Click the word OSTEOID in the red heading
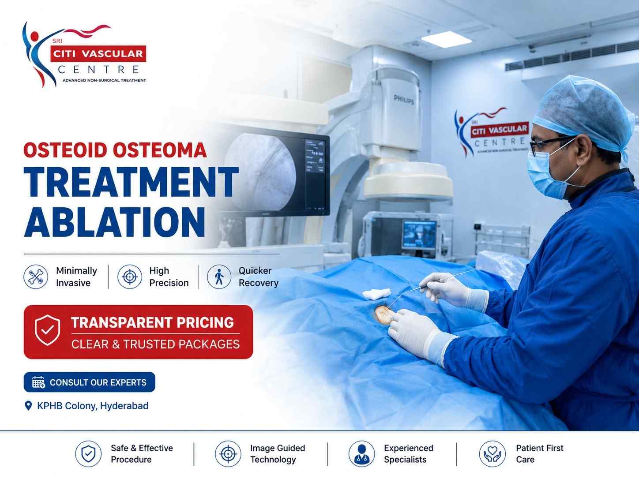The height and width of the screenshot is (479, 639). (65, 150)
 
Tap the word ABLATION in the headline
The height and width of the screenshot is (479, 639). (115, 222)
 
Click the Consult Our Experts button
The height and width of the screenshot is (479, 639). (90, 382)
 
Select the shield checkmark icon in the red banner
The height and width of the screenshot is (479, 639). (47, 330)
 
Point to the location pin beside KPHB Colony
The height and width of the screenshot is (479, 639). (28, 406)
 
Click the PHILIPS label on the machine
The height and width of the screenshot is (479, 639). (404, 100)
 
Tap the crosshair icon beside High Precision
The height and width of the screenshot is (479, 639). (130, 277)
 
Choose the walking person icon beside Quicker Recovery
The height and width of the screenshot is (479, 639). (219, 277)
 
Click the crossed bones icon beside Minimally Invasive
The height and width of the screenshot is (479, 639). (36, 277)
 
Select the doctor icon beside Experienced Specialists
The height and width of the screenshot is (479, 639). (361, 454)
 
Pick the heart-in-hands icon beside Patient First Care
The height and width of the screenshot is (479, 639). (492, 454)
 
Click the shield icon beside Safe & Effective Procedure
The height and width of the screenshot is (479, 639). (88, 454)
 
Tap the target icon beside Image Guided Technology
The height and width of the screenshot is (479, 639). (228, 454)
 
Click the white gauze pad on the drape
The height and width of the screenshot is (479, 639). (377, 293)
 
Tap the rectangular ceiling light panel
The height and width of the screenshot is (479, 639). (446, 40)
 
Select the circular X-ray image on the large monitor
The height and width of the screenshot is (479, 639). (260, 172)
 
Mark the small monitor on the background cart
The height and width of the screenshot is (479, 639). (420, 234)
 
